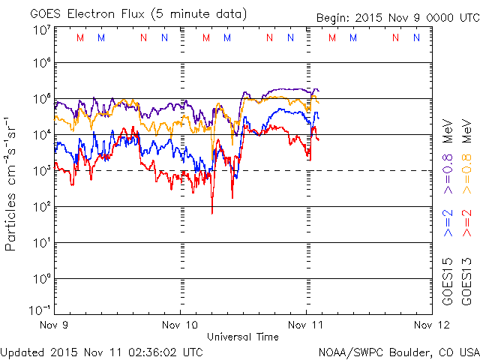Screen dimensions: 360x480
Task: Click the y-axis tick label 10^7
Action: point(42,31)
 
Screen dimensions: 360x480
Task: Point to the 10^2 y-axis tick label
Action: point(42,205)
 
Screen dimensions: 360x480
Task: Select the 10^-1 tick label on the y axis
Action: point(40,308)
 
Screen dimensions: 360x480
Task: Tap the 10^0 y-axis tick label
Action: point(42,277)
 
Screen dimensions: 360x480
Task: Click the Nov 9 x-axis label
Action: point(55,325)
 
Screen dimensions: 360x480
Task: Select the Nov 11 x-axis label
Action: point(307,325)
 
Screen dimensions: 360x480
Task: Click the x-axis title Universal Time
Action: point(243,337)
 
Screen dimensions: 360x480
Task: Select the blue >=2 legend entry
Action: point(448,223)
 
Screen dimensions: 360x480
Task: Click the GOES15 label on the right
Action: point(448,280)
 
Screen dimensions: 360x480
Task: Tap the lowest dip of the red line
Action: point(212,213)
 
